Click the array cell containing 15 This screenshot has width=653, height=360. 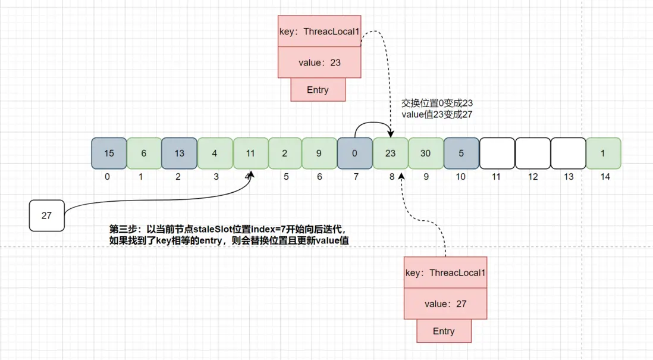coord(109,153)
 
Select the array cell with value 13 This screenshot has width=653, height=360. coord(179,153)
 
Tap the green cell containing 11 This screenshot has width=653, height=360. coord(250,153)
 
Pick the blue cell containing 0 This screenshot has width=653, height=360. coord(354,153)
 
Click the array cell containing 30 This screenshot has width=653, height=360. coord(425,153)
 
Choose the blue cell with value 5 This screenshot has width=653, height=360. coord(461,153)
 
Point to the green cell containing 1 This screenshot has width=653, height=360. coord(603,153)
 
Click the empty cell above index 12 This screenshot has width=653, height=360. coord(532,153)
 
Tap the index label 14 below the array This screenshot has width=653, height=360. coord(605,177)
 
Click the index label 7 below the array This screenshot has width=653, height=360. coord(355,177)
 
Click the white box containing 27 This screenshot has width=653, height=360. coord(46,215)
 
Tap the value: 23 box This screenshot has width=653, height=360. coord(319,62)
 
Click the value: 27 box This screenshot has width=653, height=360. coord(445,303)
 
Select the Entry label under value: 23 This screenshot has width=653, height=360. coord(318,89)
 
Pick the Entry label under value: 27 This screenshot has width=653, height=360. coord(444,331)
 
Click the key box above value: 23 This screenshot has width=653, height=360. coord(319,32)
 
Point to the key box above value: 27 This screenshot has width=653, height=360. coord(445,273)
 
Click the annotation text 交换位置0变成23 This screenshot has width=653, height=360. coord(437,103)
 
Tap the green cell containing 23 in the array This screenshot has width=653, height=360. coord(390,153)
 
